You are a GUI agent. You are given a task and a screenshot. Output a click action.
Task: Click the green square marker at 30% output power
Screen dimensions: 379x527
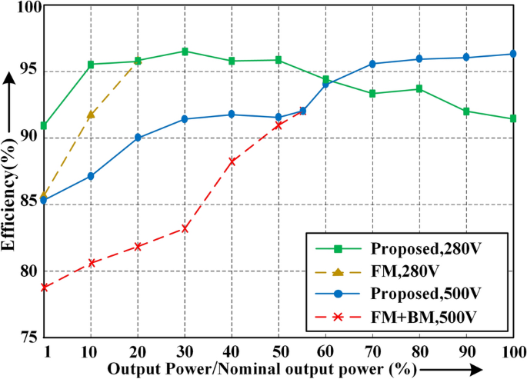[185, 52]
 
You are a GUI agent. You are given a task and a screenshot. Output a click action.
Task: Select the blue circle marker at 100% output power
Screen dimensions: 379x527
[512, 54]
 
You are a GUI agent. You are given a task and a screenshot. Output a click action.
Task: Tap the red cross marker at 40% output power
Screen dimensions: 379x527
[232, 161]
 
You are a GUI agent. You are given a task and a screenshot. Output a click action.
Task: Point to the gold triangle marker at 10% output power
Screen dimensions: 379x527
[91, 115]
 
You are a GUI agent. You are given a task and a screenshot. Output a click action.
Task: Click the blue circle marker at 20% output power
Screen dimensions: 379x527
[138, 138]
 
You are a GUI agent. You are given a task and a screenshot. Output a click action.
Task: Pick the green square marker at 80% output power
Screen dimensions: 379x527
[419, 88]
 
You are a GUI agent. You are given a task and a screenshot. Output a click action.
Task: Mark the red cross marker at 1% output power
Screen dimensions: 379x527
[45, 287]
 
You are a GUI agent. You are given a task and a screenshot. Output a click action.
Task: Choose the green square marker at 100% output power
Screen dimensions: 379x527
[512, 118]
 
